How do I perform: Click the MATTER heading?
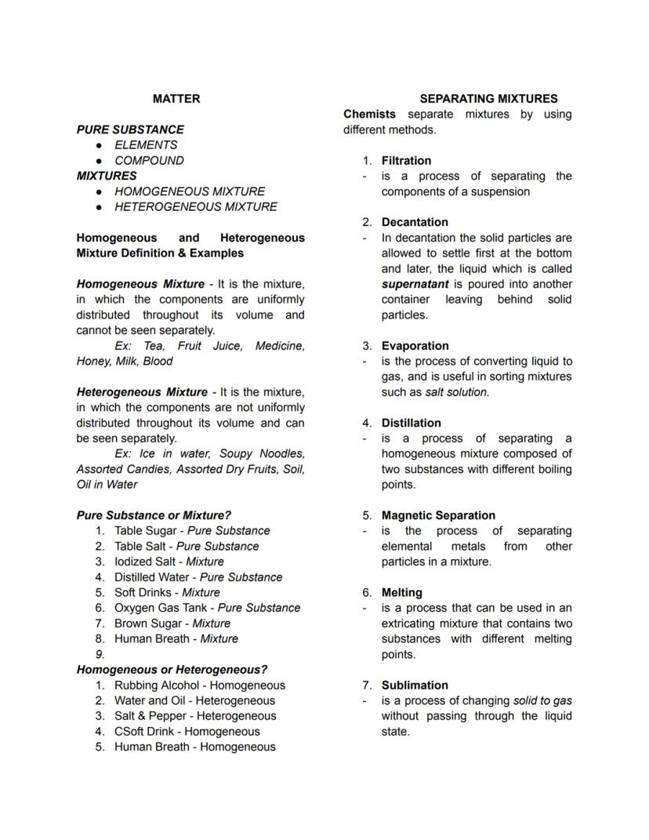176,99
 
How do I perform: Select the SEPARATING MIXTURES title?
488,99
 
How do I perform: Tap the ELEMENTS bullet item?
146,145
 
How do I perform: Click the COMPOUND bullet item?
149,161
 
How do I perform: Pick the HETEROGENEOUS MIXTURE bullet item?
195,207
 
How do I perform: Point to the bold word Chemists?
369,115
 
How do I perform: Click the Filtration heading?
406,161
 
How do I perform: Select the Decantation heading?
415,223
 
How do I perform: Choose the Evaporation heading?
415,346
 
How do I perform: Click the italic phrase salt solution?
457,392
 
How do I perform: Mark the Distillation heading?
411,423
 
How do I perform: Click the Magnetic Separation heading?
438,515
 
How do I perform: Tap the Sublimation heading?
415,685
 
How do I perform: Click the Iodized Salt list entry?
169,562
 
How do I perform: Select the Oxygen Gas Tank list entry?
207,608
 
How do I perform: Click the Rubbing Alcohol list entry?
199,685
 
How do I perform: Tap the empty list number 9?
100,654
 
